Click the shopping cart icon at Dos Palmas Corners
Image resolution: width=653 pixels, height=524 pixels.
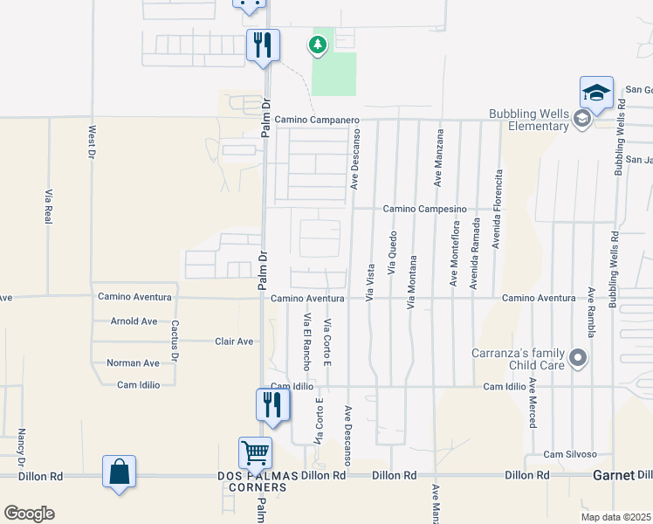tap(255, 453)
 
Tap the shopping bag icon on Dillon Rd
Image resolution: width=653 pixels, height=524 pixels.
tap(119, 472)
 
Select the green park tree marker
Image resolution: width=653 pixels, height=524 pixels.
tap(319, 43)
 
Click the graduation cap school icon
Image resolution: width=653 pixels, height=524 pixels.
tap(595, 93)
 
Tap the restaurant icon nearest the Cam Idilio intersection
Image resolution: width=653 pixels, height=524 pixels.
tap(272, 404)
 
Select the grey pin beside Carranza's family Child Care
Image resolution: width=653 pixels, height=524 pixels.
tap(577, 357)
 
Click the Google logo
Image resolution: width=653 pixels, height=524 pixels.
tap(29, 514)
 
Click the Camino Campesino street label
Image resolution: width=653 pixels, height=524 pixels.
tap(424, 209)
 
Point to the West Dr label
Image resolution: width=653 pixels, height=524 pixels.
tap(91, 142)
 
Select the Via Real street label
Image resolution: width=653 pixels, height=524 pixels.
tap(48, 208)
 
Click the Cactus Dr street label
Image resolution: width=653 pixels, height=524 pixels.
tap(175, 341)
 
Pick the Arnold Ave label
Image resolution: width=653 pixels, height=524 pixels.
tap(134, 321)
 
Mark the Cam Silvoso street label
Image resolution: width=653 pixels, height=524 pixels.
tap(570, 454)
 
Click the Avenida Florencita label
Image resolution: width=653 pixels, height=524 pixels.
tap(498, 209)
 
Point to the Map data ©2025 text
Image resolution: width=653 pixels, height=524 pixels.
tap(615, 517)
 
